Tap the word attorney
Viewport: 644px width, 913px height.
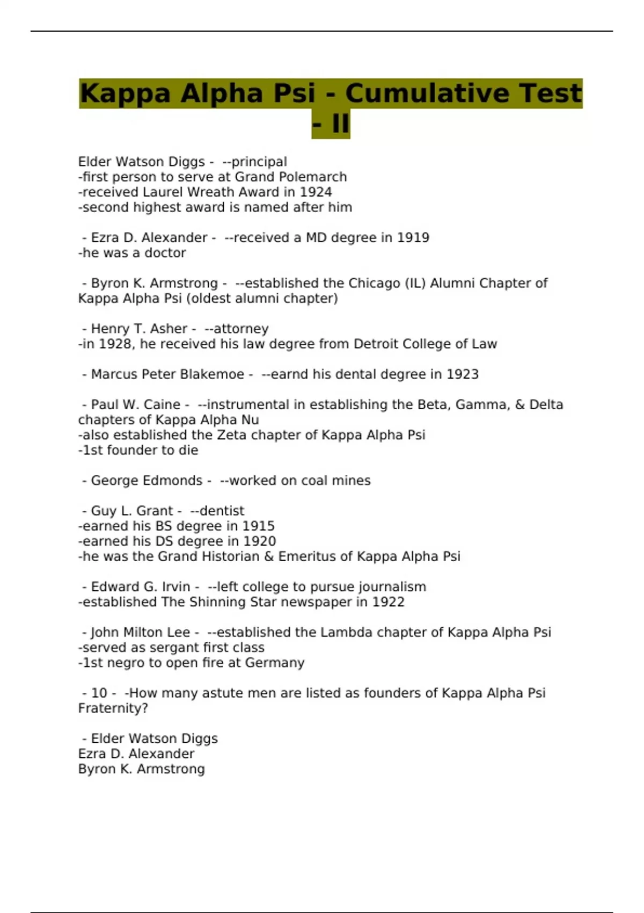[241, 329]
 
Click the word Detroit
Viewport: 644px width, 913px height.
[376, 344]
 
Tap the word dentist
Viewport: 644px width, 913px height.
[222, 511]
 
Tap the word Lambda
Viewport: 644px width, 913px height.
[346, 633]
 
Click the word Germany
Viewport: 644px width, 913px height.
[275, 663]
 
